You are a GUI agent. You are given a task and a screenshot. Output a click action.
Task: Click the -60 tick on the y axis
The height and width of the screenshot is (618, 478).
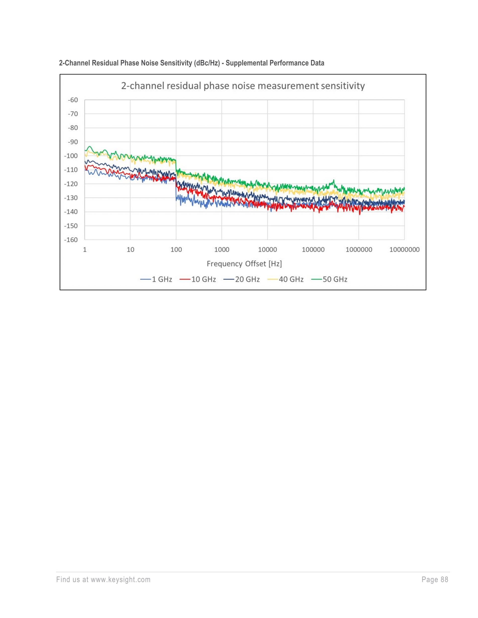tap(73, 100)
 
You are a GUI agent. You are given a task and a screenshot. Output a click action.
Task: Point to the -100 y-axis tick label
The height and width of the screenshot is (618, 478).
tap(71, 156)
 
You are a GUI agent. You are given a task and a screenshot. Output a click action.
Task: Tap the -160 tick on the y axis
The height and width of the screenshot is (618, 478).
tap(71, 240)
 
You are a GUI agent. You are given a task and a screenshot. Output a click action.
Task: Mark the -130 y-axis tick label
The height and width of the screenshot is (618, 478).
tap(71, 198)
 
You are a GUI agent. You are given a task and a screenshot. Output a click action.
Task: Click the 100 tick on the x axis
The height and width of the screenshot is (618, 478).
tap(176, 250)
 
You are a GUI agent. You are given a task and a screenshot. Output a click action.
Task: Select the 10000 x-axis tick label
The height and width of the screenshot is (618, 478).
tap(267, 250)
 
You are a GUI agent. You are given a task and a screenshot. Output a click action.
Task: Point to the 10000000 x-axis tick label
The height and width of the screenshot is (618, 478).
tap(404, 250)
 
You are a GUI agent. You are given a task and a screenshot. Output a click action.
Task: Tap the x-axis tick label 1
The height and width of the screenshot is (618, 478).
tap(85, 250)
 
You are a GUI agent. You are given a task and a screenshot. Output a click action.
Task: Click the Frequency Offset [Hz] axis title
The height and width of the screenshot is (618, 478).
tap(244, 264)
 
